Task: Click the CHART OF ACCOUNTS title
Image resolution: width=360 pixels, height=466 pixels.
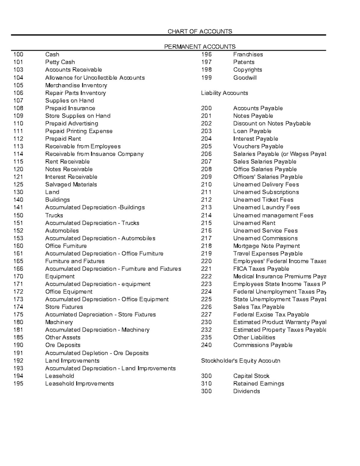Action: [x=199, y=32]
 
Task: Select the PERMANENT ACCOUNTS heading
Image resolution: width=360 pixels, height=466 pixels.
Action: [x=199, y=47]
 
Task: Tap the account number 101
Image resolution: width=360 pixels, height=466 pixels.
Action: [x=18, y=62]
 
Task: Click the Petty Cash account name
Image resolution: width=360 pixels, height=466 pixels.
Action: [x=60, y=62]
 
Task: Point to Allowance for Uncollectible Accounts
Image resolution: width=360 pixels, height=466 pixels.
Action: [x=95, y=78]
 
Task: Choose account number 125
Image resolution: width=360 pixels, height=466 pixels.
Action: [x=18, y=185]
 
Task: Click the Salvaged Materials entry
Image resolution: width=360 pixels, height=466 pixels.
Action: [x=71, y=185]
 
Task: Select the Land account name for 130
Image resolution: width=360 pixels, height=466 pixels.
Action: [x=52, y=192]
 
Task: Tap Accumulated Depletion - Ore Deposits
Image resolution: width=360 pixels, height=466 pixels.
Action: [x=97, y=353]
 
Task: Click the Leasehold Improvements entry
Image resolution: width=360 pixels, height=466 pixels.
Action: [x=79, y=384]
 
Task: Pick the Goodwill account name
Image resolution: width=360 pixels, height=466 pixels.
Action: [x=245, y=78]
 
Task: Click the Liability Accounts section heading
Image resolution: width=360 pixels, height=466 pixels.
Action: [x=224, y=93]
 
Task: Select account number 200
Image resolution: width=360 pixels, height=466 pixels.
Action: [x=206, y=108]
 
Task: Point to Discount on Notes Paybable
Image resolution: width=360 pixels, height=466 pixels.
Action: [x=272, y=124]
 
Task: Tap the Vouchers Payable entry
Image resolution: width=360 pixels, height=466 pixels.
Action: [x=258, y=146]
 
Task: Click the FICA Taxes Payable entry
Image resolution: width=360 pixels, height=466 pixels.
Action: [x=261, y=269]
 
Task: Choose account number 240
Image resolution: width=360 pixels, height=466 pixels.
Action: [x=206, y=345]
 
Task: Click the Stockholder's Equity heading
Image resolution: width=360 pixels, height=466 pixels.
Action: [x=240, y=361]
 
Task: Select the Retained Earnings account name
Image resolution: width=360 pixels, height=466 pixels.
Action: [x=259, y=384]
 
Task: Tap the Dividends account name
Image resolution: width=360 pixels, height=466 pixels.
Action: [x=247, y=391]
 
